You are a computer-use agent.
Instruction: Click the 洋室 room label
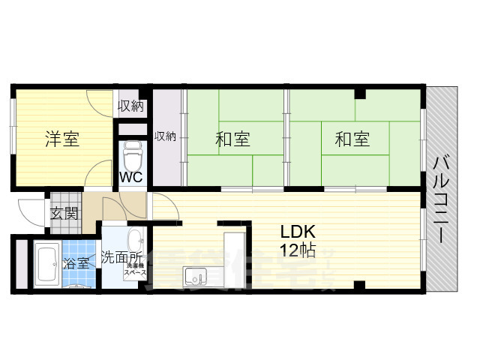tap(61, 139)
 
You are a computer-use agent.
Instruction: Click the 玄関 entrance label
tap(64, 212)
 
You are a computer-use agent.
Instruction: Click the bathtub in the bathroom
tap(45, 265)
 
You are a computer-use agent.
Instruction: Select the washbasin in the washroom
tap(135, 241)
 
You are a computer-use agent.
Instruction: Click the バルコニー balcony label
tap(442, 199)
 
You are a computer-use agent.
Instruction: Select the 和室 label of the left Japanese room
tap(232, 139)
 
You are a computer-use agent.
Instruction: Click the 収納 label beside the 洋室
tap(130, 106)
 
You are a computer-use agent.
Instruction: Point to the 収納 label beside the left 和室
tap(165, 136)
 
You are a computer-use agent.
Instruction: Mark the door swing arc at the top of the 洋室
tap(98, 101)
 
